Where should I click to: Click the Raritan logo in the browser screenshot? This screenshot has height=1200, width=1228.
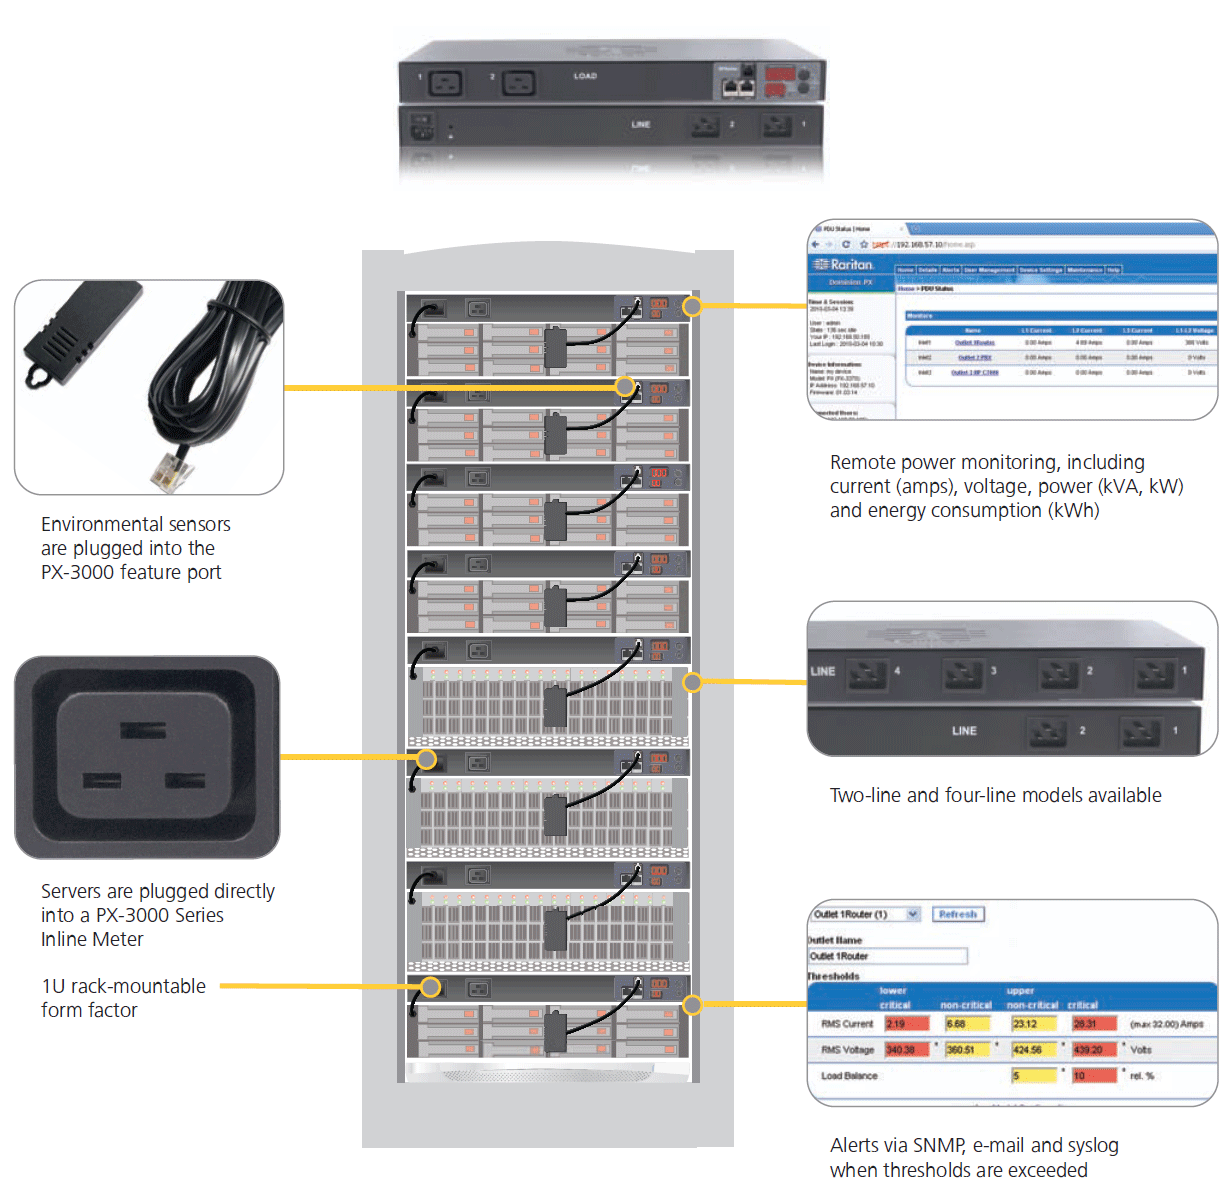pos(845,264)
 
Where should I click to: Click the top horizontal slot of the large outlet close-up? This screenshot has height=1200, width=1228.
pos(143,731)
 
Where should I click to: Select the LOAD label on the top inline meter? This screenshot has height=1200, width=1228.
pos(585,76)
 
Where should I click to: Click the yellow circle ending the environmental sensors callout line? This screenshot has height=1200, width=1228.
pos(625,387)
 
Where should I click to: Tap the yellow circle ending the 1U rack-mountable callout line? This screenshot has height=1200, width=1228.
pos(430,987)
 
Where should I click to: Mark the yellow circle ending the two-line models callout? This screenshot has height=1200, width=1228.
pos(692,682)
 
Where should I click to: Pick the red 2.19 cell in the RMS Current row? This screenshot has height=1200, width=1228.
pos(906,1024)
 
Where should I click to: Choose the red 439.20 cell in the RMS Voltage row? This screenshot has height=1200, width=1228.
pos(1094,1050)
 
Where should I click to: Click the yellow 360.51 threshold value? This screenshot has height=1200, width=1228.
pos(967,1050)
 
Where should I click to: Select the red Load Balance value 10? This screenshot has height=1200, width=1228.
pos(1094,1076)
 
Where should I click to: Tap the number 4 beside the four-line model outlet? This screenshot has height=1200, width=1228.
pos(897,671)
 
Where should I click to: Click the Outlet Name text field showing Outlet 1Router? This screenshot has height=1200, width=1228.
pos(888,956)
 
